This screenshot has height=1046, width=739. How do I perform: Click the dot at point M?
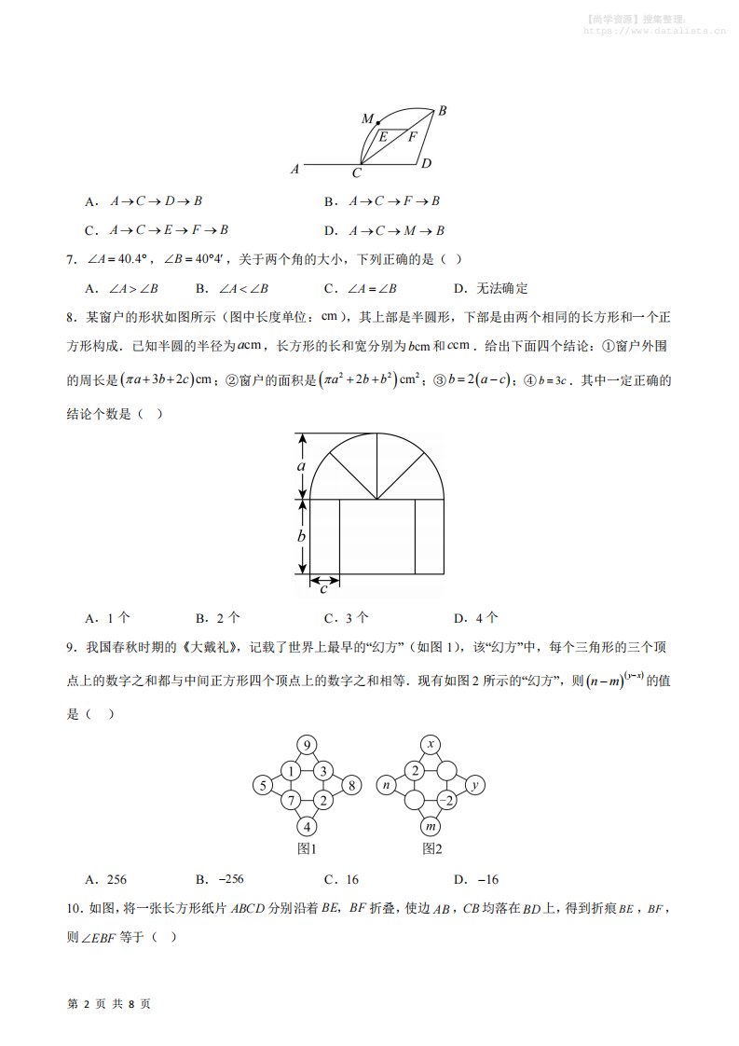377,122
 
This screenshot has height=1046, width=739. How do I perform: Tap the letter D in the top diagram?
425,164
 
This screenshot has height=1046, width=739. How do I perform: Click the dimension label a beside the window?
302,465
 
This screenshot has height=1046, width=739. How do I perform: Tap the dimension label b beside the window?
302,536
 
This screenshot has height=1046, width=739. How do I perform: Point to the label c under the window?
323,588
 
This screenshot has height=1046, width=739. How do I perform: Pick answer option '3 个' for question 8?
347,617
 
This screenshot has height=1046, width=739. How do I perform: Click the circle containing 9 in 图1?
308,745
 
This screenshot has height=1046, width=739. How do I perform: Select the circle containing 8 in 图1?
351,785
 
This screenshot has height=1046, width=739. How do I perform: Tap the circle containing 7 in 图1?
291,800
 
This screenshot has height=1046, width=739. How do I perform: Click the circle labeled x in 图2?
431,745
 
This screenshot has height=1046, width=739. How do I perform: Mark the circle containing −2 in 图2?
446,800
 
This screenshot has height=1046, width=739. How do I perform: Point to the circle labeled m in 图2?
431,826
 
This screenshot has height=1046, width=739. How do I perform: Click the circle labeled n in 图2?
386,785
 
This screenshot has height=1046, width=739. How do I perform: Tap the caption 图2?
431,848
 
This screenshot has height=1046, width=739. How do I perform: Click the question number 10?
75,908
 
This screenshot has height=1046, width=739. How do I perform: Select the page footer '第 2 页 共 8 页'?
110,1004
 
